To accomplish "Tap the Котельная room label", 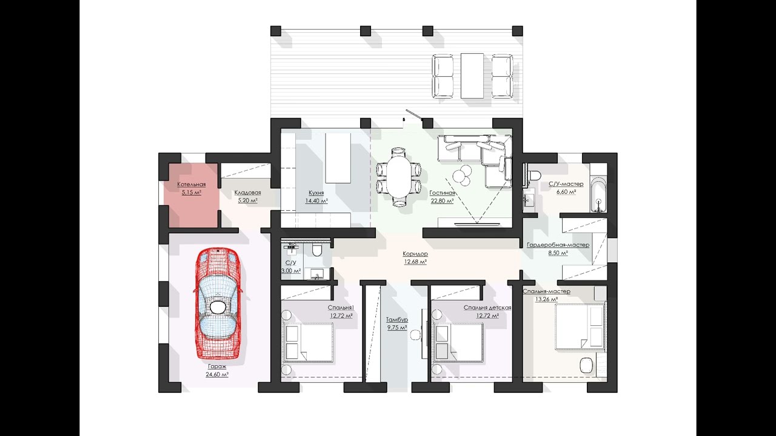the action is pos(191,185).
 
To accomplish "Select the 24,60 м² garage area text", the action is pos(218,374).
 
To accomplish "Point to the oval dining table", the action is pos(399,177).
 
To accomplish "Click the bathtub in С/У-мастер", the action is pos(598,194).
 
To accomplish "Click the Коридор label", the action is pos(415,254).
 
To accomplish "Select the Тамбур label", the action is pos(397,319).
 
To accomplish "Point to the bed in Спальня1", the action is pos(309,343).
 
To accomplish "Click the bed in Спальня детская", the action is pos(459,343).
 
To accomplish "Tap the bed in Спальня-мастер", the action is pos(580,327).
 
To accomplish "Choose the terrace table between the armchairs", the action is pos(472,76).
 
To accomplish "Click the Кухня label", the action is pos(316,193).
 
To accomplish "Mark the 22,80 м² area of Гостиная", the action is pos(442,200).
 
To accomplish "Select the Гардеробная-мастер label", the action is pos(558,245).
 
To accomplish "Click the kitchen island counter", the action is pos(338,158).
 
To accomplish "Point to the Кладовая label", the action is pos(248,193).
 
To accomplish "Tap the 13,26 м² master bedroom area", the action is pos(546,299).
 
